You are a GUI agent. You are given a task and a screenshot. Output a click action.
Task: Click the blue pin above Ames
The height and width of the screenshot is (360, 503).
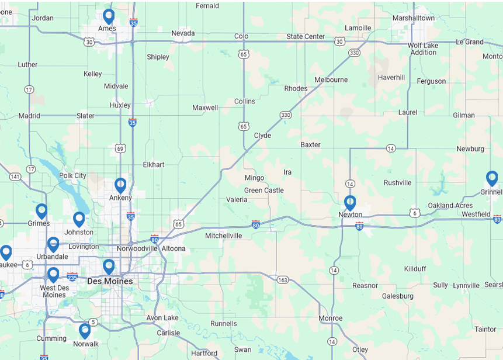click(108, 16)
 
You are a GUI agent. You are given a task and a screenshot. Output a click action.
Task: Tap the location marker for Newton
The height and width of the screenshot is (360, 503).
click(350, 203)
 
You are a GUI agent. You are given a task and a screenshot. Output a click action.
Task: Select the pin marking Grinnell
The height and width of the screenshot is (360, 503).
click(492, 178)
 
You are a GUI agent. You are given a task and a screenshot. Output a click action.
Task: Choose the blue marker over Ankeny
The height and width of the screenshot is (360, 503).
click(120, 185)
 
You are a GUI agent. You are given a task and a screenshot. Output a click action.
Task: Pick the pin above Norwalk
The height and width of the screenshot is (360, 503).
click(85, 331)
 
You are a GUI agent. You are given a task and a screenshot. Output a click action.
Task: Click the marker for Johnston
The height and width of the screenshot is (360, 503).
click(79, 219)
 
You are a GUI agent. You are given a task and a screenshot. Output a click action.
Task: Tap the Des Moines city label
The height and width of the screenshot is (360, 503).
click(110, 281)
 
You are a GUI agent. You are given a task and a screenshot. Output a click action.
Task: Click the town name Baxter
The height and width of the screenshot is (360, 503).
click(310, 144)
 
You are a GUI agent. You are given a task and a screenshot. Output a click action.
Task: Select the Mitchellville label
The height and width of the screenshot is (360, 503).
click(224, 236)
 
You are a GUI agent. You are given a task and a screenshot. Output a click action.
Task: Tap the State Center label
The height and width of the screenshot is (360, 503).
click(306, 36)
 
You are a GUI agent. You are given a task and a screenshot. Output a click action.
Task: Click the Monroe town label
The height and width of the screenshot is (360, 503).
click(330, 318)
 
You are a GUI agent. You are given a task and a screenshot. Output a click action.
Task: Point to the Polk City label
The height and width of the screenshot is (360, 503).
click(72, 175)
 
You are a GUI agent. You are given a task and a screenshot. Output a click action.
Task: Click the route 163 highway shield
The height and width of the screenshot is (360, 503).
click(282, 279)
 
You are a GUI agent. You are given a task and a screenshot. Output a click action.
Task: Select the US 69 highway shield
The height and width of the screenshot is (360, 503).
click(120, 148)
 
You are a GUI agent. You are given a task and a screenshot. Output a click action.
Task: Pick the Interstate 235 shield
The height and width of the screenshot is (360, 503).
click(72, 276)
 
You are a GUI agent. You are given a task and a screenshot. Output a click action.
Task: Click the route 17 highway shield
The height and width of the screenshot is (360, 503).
click(29, 89)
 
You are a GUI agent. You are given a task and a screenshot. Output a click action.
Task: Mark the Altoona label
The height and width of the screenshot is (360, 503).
click(174, 248)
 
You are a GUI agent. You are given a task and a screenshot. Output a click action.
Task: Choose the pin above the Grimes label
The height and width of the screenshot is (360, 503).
click(41, 211)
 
